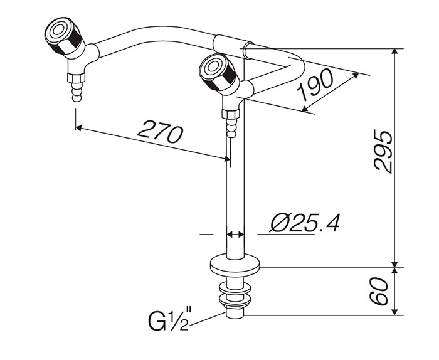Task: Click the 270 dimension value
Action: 160,131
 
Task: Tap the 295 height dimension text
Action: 384,151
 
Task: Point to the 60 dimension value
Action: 379,291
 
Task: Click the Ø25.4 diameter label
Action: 304,223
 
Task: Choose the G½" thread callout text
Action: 170,319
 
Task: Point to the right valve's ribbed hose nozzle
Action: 231,127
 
